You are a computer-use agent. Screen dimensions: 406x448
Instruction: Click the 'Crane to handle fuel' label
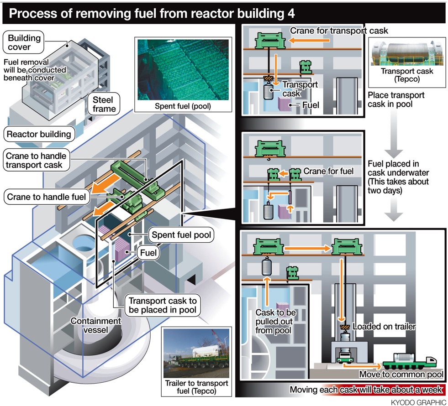46,197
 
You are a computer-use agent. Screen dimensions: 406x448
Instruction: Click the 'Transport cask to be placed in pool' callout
163,306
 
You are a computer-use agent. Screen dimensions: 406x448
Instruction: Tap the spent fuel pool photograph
182,69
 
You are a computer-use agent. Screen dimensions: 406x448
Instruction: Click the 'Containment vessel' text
96,326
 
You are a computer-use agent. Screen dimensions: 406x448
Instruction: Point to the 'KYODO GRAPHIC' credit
418,401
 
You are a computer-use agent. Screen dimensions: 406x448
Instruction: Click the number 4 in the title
291,13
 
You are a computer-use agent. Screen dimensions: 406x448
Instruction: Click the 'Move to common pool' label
401,375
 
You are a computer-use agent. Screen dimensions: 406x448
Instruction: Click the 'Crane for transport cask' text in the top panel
339,31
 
